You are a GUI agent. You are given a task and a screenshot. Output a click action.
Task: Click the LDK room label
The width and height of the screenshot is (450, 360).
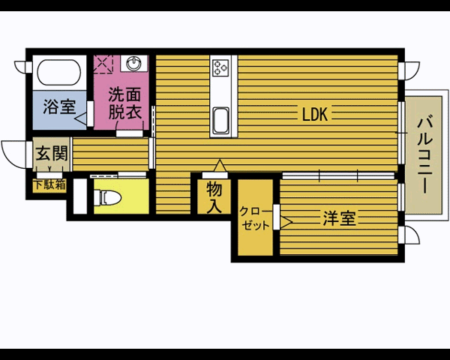[315, 114]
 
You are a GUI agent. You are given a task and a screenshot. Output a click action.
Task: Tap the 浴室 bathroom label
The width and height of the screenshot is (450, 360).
[59, 106]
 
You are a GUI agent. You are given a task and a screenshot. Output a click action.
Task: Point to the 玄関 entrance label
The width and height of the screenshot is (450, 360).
[52, 153]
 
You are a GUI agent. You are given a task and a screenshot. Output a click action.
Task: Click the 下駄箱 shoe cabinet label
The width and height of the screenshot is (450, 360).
[49, 185]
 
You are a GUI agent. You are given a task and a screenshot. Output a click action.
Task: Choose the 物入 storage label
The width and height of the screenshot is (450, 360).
[214, 197]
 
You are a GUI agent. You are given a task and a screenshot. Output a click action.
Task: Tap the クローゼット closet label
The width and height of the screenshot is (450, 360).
[255, 218]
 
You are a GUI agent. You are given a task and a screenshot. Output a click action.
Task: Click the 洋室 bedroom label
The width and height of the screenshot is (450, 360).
[340, 218]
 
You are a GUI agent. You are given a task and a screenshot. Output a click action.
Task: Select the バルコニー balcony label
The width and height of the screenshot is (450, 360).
[425, 154]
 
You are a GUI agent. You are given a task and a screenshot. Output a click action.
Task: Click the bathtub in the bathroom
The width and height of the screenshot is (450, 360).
[59, 72]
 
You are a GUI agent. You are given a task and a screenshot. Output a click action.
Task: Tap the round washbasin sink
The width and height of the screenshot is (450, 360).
[133, 64]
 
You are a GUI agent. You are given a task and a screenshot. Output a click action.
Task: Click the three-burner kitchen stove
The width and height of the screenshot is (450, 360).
[220, 67]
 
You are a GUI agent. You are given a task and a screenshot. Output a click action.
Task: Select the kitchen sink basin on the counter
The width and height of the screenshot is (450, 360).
[221, 121]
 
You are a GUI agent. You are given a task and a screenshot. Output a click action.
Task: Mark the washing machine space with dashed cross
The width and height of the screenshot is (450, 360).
[103, 64]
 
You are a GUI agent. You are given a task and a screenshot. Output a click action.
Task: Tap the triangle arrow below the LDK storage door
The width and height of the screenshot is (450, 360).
[220, 166]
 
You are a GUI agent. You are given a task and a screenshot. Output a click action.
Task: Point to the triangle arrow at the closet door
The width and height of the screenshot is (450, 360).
[286, 222]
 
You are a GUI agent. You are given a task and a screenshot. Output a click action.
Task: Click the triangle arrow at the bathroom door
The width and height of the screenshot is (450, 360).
[81, 118]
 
